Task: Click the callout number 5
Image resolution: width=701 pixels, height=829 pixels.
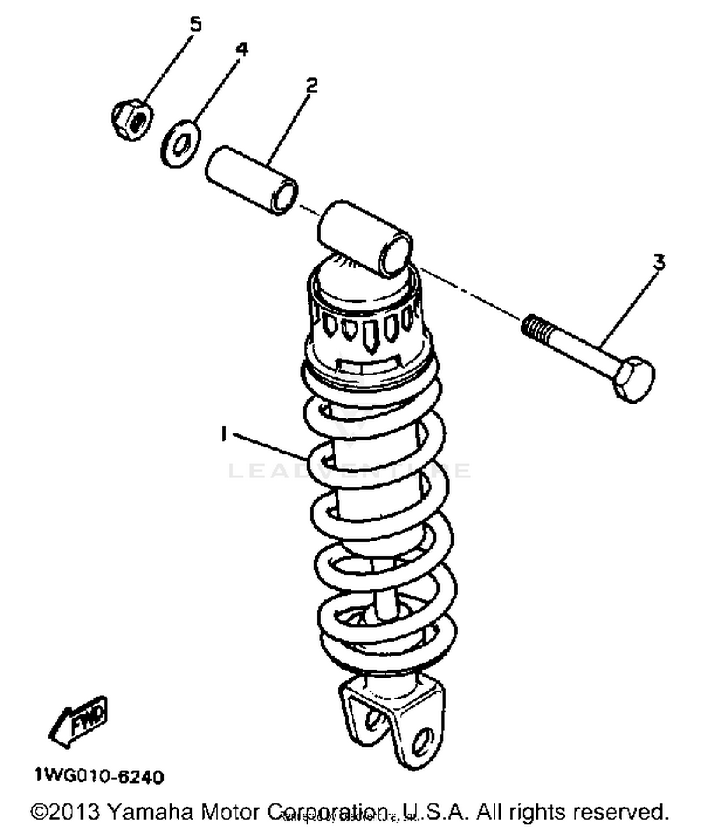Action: coord(195,24)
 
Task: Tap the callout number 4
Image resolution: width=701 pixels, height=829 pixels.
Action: coord(242,49)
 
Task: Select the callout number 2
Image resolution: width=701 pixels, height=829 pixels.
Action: coord(312,85)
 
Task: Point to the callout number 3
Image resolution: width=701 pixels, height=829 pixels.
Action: coord(658,262)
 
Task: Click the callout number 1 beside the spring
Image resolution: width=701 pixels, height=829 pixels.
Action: coord(224,434)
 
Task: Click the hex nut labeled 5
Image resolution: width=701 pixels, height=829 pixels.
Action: coord(132,119)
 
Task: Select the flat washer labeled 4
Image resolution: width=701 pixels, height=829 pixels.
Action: coord(181,144)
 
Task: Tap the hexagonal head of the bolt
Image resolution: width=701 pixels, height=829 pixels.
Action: coord(635,379)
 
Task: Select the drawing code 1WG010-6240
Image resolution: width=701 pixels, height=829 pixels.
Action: coord(99,777)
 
